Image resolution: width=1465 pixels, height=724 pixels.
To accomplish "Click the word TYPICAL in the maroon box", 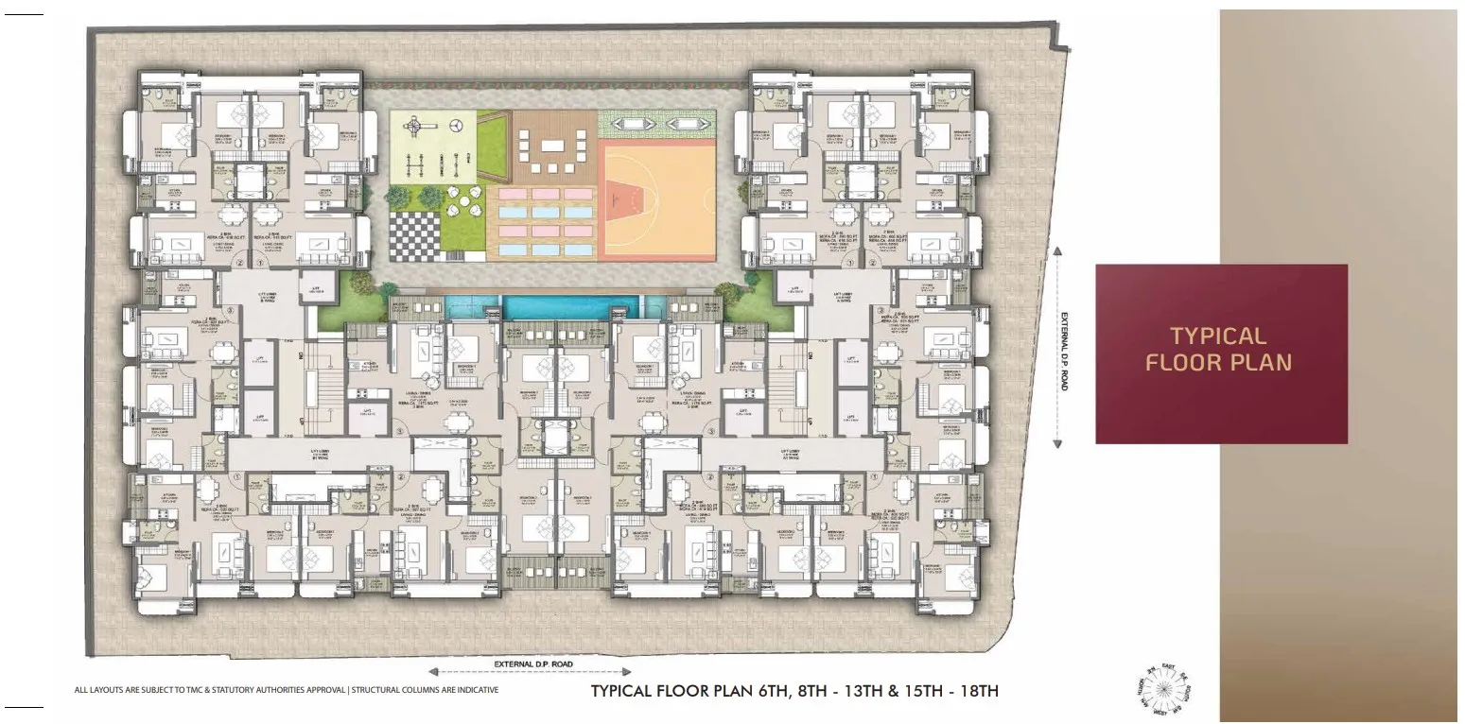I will [x=1218, y=336].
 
